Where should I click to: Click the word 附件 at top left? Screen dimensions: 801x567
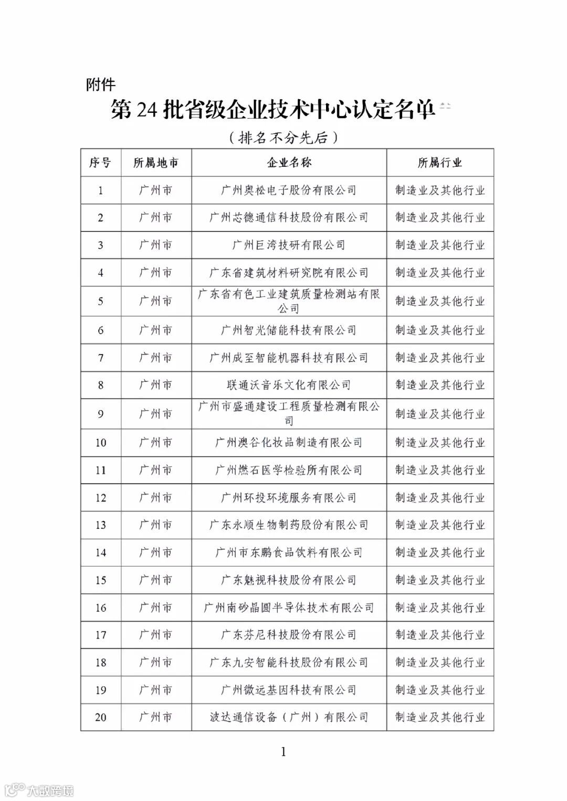coord(100,84)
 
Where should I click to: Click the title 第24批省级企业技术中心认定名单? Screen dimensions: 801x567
coord(273,111)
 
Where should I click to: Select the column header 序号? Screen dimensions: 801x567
coord(100,163)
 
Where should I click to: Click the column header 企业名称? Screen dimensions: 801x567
coord(289,163)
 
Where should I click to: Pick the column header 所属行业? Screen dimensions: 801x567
coord(440,163)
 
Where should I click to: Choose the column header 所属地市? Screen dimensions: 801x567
coord(156,163)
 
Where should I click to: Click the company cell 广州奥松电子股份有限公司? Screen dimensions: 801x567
coord(289,190)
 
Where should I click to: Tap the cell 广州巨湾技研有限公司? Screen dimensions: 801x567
coord(289,245)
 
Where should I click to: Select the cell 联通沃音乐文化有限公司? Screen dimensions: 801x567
coord(289,385)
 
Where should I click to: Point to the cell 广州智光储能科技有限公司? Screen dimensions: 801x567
coord(289,330)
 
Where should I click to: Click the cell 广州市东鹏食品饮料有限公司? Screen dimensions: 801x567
coord(289,552)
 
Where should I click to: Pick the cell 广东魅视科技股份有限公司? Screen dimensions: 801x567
coord(289,580)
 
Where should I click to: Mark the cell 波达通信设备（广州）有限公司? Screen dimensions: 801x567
coord(289,717)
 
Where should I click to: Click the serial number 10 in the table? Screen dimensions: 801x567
coord(100,443)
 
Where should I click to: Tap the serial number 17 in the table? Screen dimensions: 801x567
coord(100,635)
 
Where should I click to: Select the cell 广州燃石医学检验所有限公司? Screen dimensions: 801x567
coord(289,470)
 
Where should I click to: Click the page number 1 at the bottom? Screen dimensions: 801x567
coord(283,752)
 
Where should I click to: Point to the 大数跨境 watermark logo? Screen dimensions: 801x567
coord(39,789)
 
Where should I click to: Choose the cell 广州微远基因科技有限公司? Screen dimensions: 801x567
coord(289,690)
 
